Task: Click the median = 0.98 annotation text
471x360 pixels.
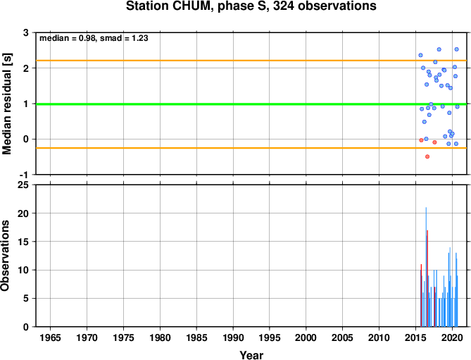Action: point(68,38)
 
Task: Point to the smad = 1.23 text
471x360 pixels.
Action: point(124,38)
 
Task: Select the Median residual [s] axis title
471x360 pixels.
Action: point(6,104)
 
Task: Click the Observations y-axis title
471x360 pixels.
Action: point(5,256)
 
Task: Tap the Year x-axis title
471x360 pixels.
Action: point(251,355)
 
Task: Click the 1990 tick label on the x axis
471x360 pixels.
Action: point(233,337)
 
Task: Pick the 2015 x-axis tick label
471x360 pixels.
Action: point(415,337)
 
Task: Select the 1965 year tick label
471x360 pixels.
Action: point(50,337)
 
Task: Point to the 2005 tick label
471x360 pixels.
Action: point(342,337)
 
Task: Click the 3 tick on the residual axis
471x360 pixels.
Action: point(26,32)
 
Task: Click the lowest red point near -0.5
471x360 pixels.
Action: point(427,156)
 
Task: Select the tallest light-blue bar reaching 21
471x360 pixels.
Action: point(426,267)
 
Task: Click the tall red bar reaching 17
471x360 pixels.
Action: point(427,278)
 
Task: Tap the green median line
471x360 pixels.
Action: point(251,104)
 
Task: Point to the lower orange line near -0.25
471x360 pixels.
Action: point(251,148)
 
